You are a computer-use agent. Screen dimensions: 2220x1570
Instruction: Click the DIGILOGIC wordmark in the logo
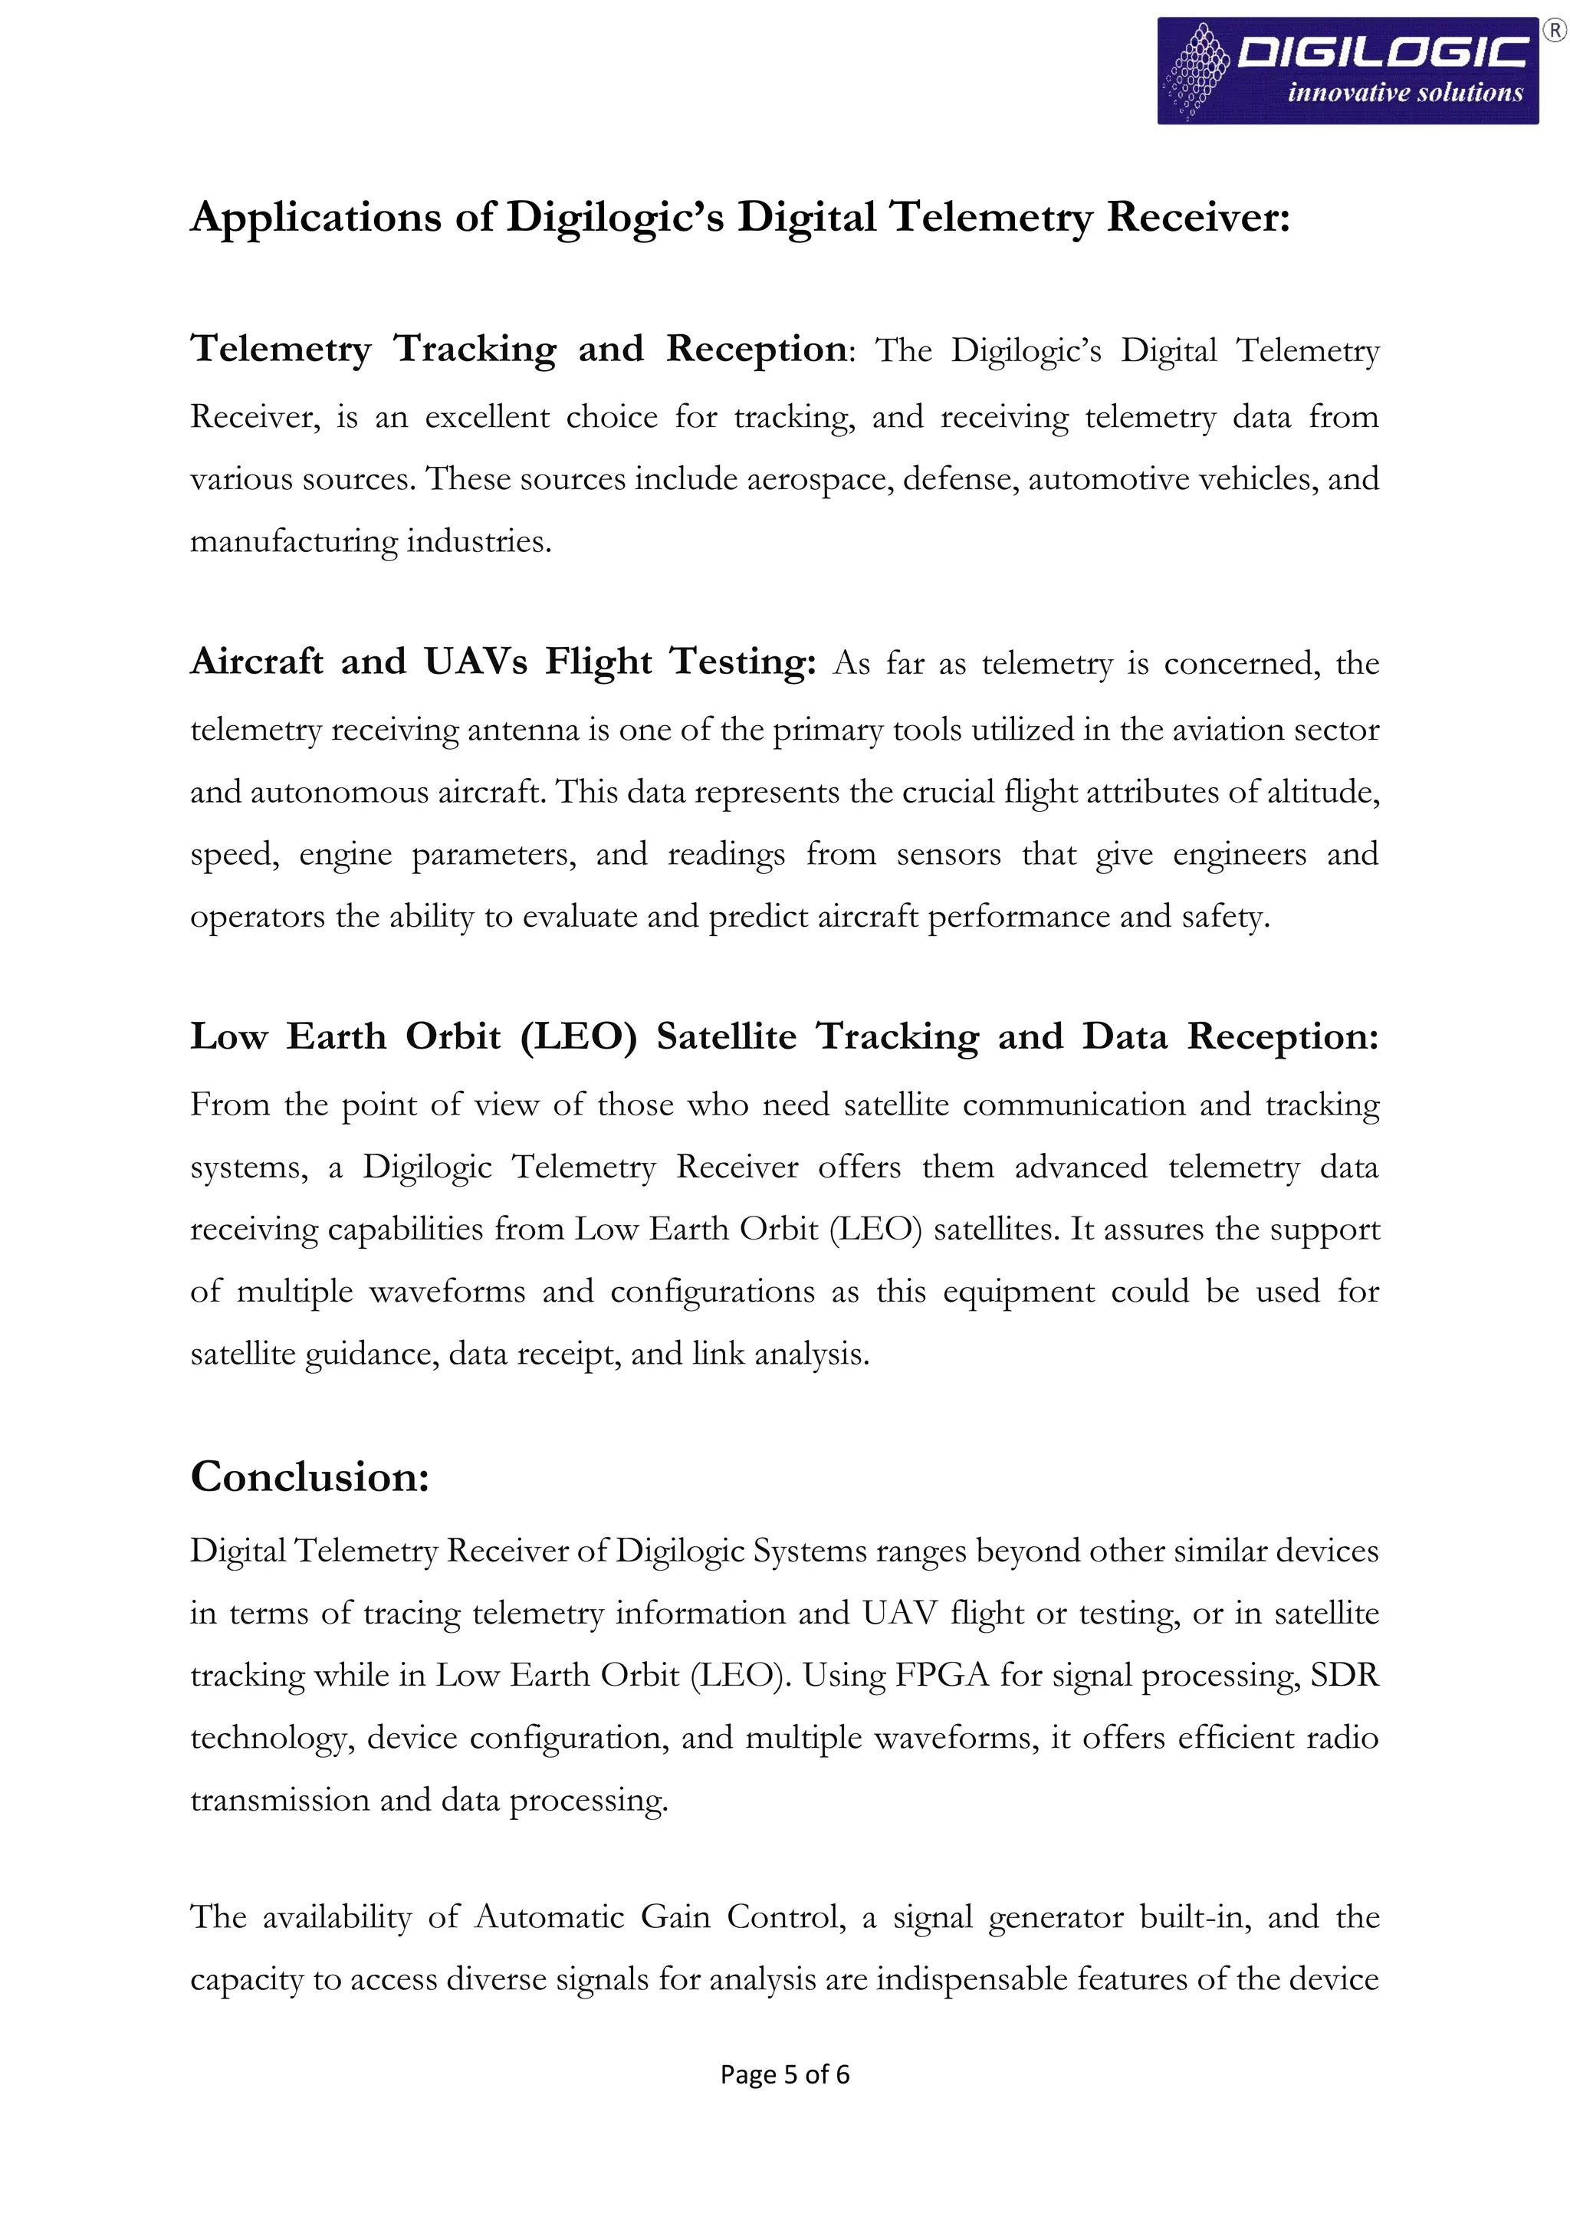[x=1382, y=52]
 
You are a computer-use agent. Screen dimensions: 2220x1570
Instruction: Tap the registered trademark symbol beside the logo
[x=1555, y=32]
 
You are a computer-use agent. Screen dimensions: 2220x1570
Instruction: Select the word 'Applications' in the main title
[x=315, y=217]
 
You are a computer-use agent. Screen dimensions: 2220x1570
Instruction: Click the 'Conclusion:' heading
[x=310, y=1476]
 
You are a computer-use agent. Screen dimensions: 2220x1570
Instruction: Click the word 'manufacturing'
[x=293, y=540]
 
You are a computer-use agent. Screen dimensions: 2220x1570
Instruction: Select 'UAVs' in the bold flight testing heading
[x=475, y=662]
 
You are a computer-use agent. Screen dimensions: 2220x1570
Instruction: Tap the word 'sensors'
[x=948, y=854]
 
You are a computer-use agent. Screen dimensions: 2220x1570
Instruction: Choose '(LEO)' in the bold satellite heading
[x=578, y=1036]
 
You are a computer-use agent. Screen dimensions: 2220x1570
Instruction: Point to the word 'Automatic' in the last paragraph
[x=549, y=1916]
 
